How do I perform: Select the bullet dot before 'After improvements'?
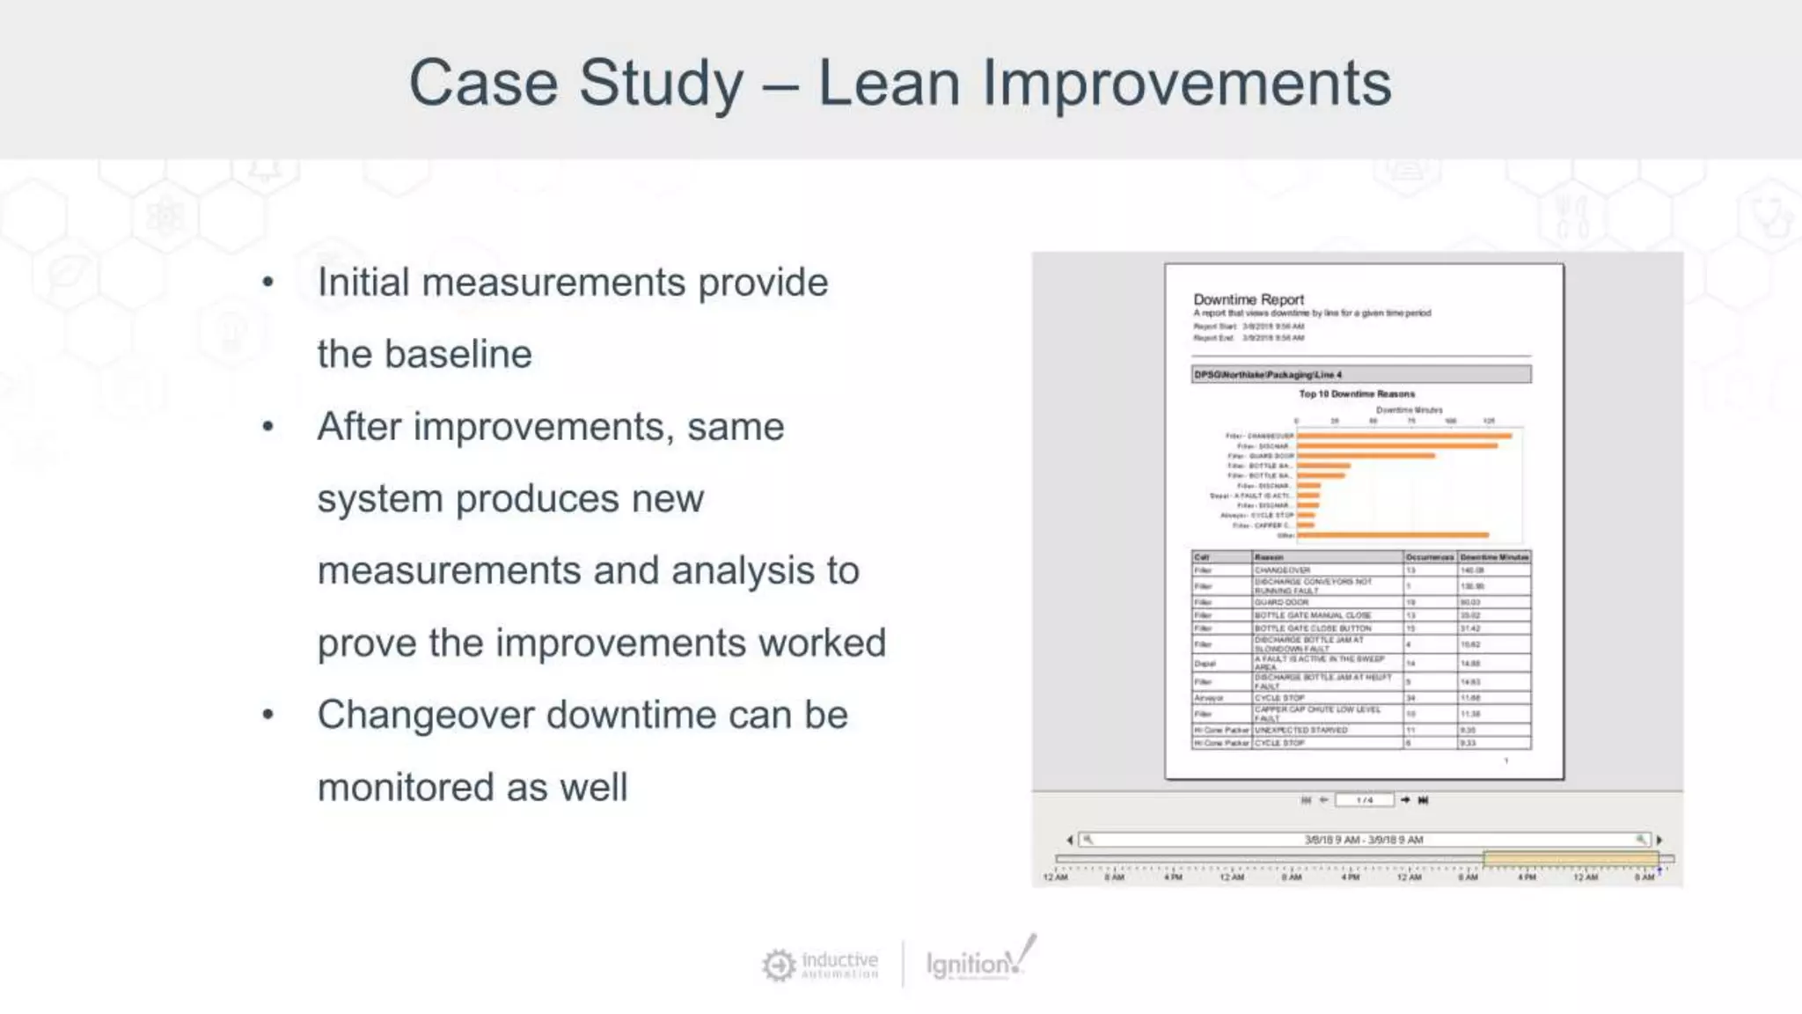point(268,427)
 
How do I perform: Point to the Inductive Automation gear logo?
point(779,965)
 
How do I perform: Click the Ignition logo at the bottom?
point(978,962)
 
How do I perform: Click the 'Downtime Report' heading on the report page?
point(1248,299)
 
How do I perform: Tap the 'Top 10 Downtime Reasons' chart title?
point(1357,393)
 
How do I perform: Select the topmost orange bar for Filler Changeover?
point(1403,436)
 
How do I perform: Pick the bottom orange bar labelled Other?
point(1392,535)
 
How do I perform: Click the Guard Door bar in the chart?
point(1365,456)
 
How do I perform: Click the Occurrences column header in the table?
point(1429,557)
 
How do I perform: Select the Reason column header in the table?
point(1269,557)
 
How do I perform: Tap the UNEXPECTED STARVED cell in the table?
point(1300,730)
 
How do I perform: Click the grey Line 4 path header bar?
point(1361,374)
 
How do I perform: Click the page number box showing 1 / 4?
point(1364,800)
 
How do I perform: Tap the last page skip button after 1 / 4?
point(1423,800)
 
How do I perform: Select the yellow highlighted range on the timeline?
point(1570,858)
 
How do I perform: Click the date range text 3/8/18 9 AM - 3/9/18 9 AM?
point(1363,840)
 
